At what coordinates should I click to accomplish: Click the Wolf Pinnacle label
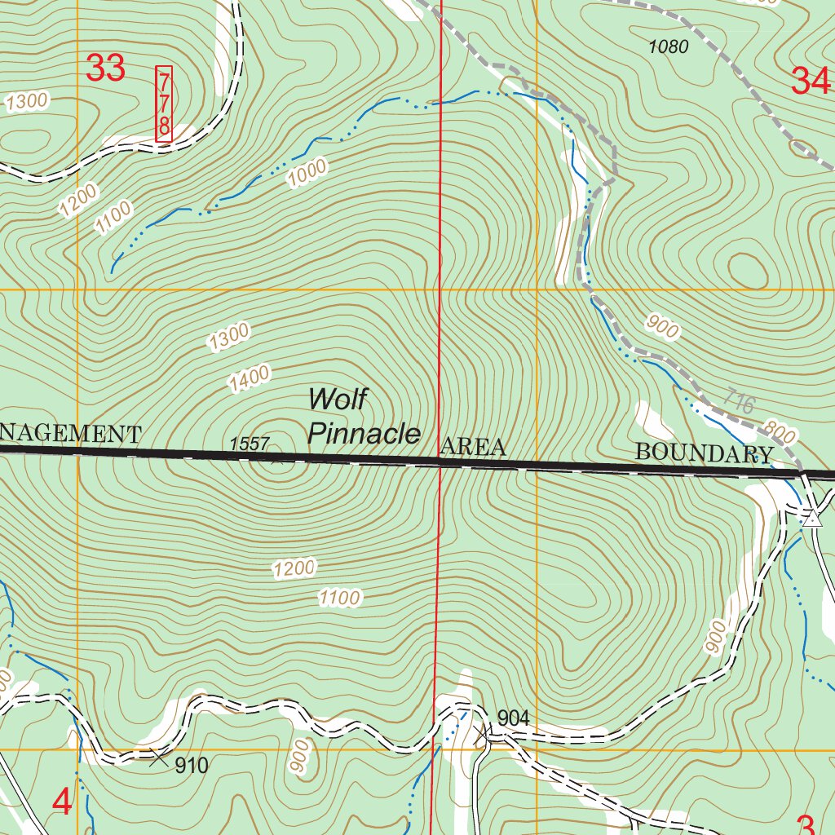(364, 417)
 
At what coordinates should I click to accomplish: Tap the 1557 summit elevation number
(250, 444)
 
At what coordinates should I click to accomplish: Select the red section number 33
(106, 68)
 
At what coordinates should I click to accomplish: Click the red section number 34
(811, 82)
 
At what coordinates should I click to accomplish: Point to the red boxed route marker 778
(164, 104)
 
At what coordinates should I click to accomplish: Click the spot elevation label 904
(514, 718)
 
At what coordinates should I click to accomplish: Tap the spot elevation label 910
(192, 766)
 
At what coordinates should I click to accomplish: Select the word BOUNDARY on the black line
(705, 453)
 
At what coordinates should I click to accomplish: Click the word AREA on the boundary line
(473, 447)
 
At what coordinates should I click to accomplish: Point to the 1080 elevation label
(669, 46)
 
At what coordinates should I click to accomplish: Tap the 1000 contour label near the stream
(307, 173)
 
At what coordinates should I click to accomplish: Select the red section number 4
(62, 803)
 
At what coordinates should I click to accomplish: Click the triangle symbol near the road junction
(811, 519)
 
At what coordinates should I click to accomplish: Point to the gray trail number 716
(739, 402)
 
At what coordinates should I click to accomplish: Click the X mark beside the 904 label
(483, 736)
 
